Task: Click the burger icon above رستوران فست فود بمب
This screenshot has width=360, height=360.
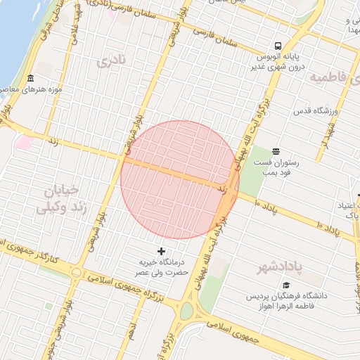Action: (x=275, y=151)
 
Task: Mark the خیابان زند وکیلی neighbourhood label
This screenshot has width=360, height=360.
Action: (x=63, y=199)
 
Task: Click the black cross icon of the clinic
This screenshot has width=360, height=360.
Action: (x=162, y=251)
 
